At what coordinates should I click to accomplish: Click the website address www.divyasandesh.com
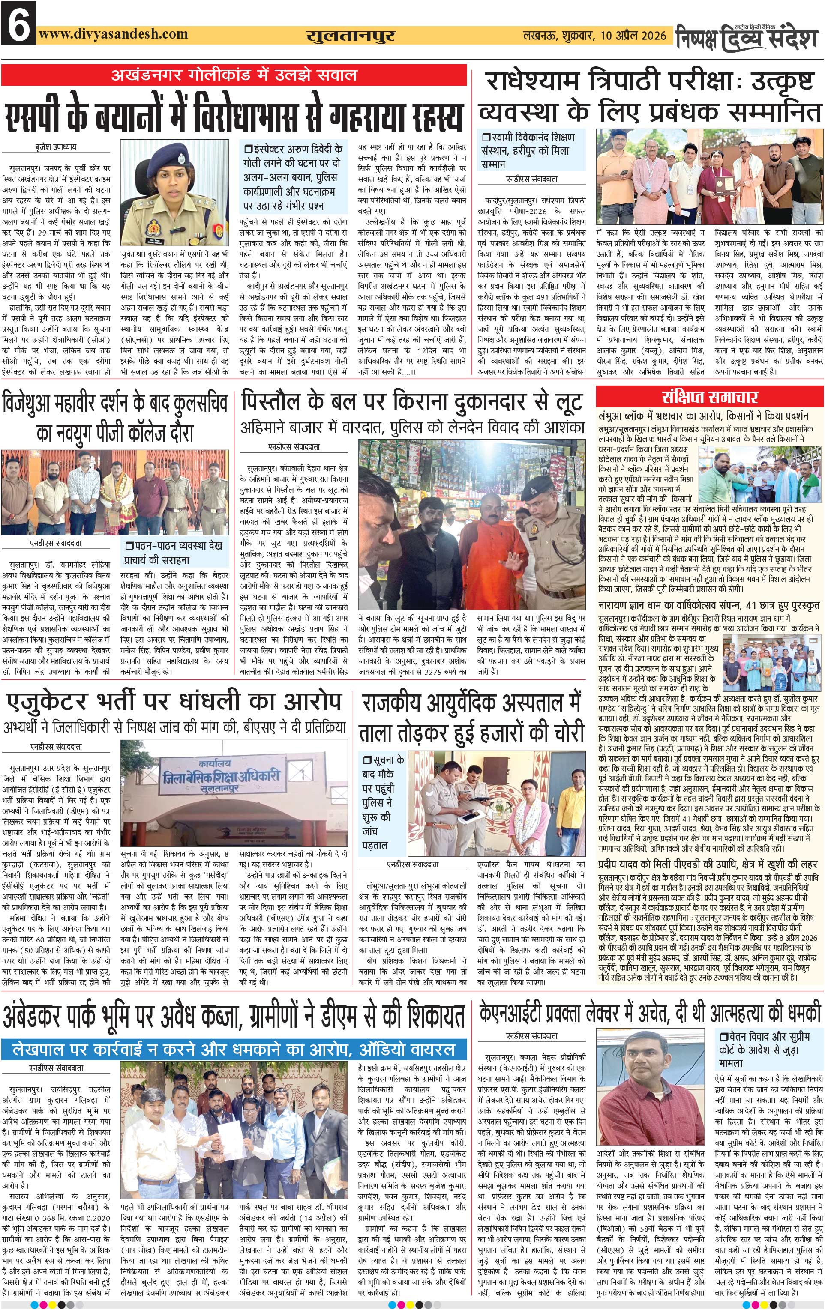[114, 34]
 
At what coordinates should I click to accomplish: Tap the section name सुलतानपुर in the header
[350, 36]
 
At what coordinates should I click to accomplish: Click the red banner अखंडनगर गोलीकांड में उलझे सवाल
[234, 75]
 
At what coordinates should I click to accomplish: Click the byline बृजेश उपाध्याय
[52, 147]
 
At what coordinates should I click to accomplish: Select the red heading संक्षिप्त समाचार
[710, 397]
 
